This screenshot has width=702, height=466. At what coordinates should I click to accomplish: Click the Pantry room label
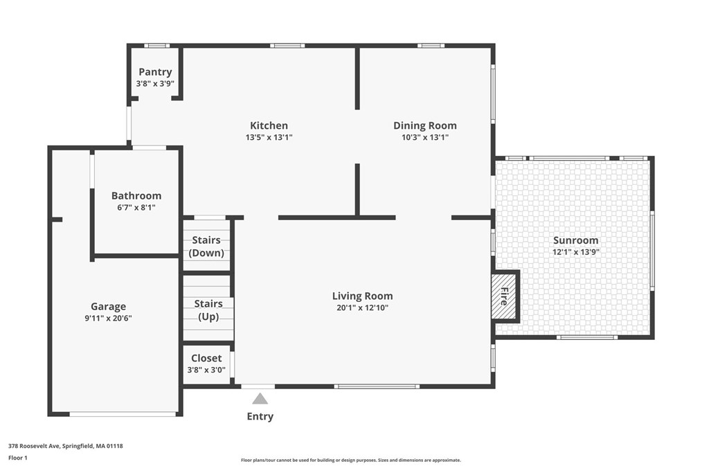155,71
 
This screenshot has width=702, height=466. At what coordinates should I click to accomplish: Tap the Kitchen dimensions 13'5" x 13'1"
269,137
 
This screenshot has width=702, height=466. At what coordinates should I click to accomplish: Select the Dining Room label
425,126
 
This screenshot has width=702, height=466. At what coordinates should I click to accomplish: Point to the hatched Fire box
504,296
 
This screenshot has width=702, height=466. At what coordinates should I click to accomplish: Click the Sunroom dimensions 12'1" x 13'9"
576,252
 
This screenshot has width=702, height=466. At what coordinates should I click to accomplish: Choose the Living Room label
362,296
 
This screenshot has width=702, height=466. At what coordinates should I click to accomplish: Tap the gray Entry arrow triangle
260,398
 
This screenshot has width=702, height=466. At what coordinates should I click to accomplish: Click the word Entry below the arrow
260,416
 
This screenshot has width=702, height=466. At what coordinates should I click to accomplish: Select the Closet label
206,358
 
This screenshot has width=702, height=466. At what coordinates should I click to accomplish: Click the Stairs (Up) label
208,310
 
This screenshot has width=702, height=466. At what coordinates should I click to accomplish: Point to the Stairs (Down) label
206,247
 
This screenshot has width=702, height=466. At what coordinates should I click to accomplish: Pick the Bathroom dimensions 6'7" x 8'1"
136,207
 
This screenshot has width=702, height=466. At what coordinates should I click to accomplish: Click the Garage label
108,307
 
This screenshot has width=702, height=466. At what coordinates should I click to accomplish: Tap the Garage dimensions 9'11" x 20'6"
108,319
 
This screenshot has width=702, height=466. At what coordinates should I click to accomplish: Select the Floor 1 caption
18,458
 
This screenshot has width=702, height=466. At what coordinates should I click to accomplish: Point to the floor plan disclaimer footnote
351,460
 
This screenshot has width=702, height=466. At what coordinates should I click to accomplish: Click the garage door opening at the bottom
123,414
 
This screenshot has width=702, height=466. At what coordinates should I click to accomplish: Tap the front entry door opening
258,386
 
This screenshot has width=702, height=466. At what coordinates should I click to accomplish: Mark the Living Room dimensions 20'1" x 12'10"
362,307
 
